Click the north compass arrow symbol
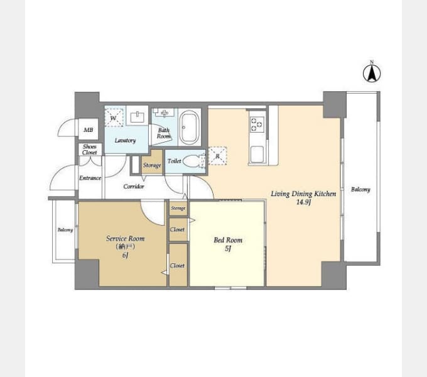pos(372,73)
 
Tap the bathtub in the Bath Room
pos(189,127)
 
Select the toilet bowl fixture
pos(193,161)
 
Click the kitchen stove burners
pos(257,124)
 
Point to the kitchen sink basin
pos(257,155)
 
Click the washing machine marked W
pos(114,117)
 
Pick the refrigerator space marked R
pos(217,156)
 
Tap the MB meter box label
pos(89,130)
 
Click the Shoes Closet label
pos(90,150)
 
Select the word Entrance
pos(90,178)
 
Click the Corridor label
pos(133,187)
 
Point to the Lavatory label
pos(125,141)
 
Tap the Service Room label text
pos(125,239)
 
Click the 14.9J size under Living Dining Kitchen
pos(303,202)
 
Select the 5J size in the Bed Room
pos(228,248)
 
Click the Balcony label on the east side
pos(360,189)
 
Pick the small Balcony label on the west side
pos(65,230)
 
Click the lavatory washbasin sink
pos(138,117)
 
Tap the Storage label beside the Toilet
pos(152,165)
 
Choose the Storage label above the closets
pos(178,209)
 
